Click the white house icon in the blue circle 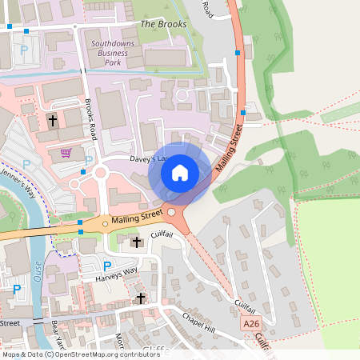(x=180, y=172)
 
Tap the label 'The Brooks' (x=163, y=24)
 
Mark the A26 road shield (x=252, y=323)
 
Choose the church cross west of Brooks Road (x=53, y=121)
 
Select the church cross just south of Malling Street (x=136, y=241)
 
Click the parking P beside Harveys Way (x=108, y=265)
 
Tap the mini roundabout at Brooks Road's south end (x=101, y=172)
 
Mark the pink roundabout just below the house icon (x=170, y=213)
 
